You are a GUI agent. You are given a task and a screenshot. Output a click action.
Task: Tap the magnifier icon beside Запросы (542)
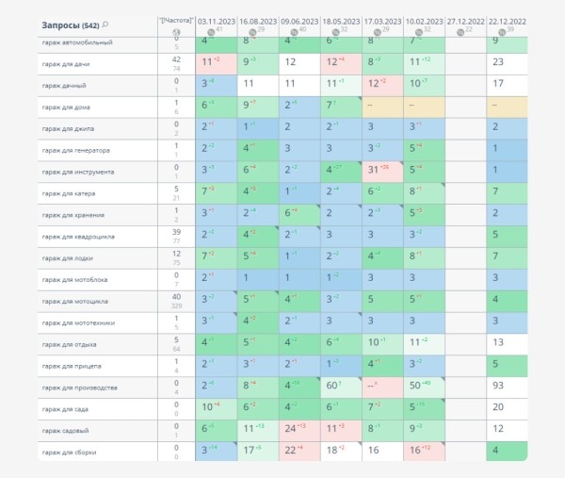[x=105, y=24]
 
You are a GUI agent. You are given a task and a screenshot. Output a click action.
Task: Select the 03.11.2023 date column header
[x=217, y=18]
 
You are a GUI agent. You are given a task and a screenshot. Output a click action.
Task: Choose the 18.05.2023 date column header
[x=341, y=18]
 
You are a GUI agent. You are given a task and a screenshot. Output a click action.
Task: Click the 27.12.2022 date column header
[x=465, y=18]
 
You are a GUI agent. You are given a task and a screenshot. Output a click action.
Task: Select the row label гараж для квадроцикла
[x=78, y=236]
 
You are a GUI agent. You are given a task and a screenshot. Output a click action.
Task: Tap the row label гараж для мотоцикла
[x=74, y=301]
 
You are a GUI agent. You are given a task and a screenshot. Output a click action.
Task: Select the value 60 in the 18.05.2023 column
[x=332, y=387]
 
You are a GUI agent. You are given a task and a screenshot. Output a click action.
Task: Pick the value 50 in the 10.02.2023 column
[x=415, y=387]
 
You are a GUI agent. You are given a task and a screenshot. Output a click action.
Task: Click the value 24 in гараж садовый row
[x=290, y=429]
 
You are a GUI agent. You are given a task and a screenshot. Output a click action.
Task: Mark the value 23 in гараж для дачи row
[x=498, y=62]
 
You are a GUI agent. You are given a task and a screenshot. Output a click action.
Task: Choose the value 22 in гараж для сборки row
[x=290, y=451]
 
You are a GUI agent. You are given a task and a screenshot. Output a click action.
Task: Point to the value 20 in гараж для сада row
[x=498, y=407]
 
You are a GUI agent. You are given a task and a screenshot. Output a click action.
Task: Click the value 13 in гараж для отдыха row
[x=498, y=342]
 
